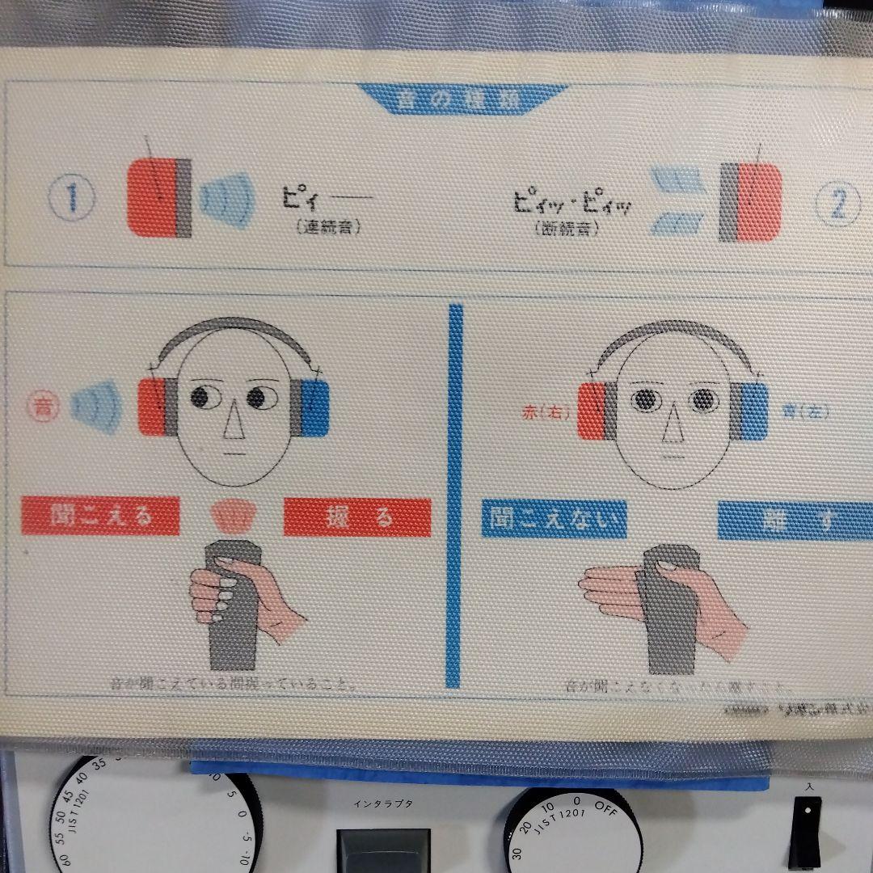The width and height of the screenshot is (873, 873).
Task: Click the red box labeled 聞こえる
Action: coord(101,516)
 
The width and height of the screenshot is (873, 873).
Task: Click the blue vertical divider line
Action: coord(455,493)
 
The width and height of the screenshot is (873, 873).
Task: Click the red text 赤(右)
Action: coord(546,413)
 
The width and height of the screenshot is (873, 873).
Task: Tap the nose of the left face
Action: coord(234,424)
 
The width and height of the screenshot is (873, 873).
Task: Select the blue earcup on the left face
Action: coord(317,407)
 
